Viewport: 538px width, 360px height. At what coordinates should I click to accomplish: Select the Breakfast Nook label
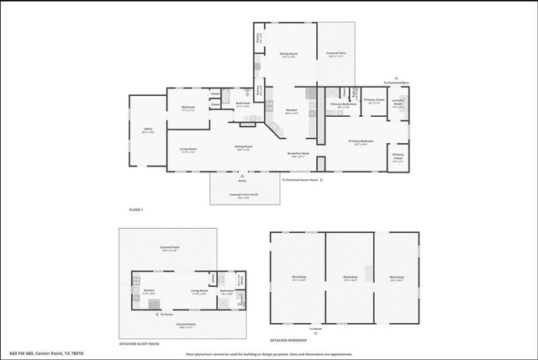[x=298, y=155]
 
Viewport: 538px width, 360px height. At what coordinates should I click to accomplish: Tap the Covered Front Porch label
[x=243, y=196]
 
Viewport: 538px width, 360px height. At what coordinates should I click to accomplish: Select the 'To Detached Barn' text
[x=396, y=82]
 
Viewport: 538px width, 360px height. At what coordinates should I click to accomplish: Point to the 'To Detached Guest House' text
[x=300, y=179]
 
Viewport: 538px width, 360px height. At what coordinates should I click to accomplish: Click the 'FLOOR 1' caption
[x=135, y=209]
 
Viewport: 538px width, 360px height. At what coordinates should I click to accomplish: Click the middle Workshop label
[x=351, y=277]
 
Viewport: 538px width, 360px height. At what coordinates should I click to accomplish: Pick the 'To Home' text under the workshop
[x=315, y=329]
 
